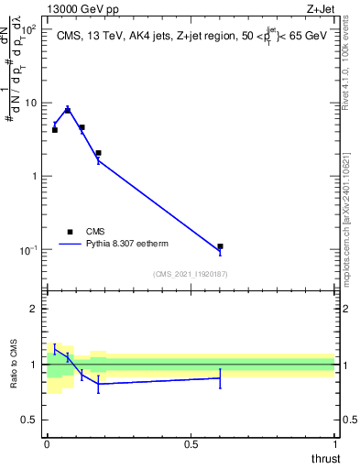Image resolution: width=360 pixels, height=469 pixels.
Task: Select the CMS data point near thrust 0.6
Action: click(221, 246)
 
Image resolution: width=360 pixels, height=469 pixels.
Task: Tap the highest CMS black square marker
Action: click(68, 111)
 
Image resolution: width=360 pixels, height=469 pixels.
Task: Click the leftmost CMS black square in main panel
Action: click(55, 130)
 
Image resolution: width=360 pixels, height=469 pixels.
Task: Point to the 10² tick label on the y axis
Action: click(27, 29)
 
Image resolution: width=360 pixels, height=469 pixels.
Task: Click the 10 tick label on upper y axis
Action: click(30, 103)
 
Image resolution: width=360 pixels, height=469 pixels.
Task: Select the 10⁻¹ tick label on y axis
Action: click(27, 250)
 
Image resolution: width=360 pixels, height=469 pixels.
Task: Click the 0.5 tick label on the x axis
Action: click(191, 444)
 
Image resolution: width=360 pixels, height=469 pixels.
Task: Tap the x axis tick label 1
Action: click(334, 444)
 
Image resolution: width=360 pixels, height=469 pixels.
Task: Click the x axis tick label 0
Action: click(47, 444)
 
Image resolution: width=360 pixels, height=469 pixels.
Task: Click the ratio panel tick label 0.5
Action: click(30, 420)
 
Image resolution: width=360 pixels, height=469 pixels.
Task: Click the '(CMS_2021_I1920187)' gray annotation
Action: click(191, 274)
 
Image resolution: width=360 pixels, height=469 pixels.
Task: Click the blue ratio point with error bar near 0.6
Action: click(221, 377)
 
